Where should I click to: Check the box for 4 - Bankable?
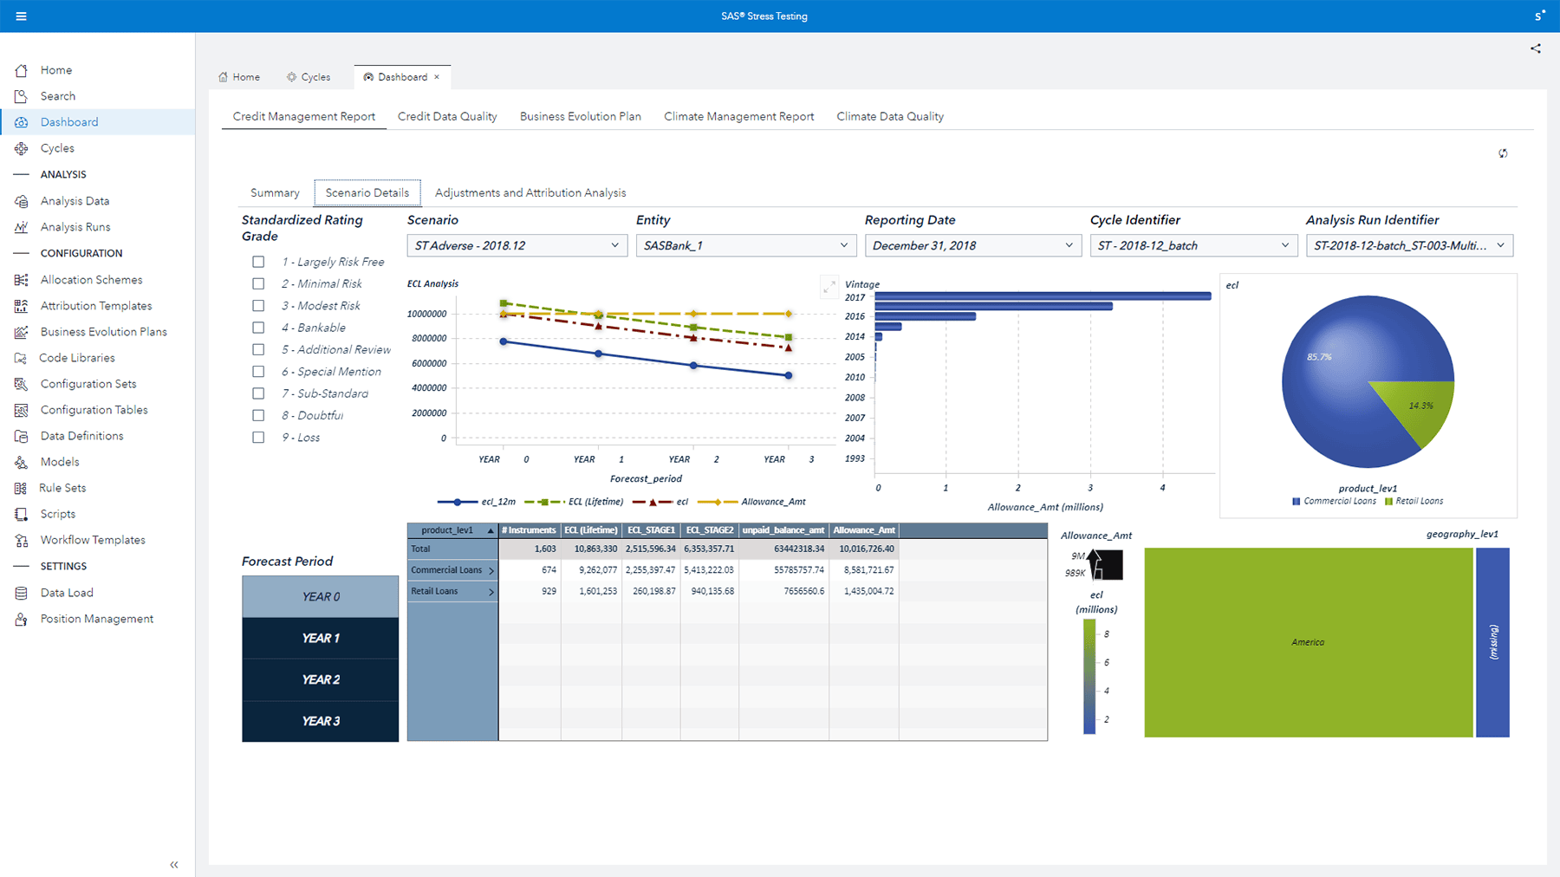[258, 328]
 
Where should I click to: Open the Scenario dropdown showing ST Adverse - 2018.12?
[517, 245]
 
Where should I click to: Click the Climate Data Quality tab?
[889, 116]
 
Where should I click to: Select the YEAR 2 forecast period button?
[320, 679]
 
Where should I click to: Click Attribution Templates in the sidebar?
[95, 306]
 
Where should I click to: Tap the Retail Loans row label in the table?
[435, 591]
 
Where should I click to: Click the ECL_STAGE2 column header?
[709, 530]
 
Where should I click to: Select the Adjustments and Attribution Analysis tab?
[530, 193]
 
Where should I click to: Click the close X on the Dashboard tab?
[437, 77]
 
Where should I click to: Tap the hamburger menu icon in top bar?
[21, 16]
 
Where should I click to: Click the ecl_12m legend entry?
[477, 502]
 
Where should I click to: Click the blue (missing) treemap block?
[1492, 642]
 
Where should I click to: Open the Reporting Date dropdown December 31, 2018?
[972, 245]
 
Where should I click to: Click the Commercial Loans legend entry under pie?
[1334, 501]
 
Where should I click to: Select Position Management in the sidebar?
[96, 619]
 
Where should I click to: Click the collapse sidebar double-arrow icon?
[174, 864]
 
